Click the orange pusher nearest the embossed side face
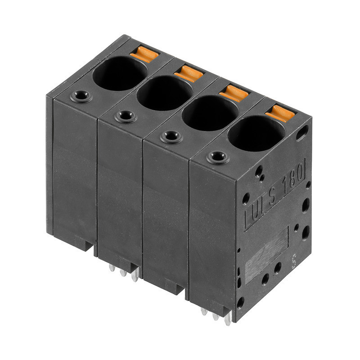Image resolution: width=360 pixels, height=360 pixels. tap(280, 112)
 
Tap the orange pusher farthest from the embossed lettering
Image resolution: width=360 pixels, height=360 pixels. tap(144, 54)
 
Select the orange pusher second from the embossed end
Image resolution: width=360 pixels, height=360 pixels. tap(234, 93)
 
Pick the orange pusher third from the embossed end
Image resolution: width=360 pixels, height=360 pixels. tap(189, 73)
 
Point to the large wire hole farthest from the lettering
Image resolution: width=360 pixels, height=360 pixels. tap(120, 73)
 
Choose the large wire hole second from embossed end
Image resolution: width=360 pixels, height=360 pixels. tap(210, 113)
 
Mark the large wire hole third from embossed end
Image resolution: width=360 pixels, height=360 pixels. tap(165, 93)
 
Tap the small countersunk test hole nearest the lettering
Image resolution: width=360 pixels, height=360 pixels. tap(218, 157)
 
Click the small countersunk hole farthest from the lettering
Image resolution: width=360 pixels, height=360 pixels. tap(81, 96)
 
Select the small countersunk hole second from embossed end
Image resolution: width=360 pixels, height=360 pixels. tap(171, 136)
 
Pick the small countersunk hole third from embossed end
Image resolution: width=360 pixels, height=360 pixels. tap(126, 116)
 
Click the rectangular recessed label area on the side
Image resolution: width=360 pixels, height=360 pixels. tap(266, 254)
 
